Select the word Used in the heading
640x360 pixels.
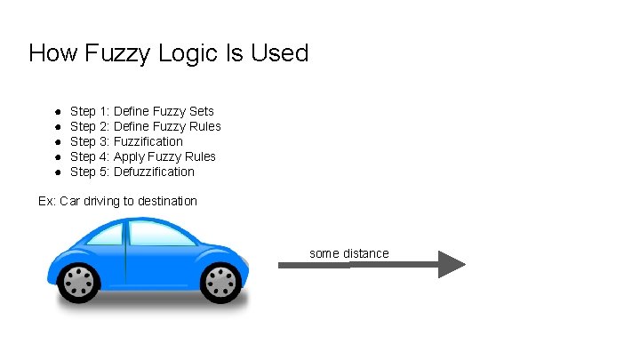click(x=280, y=53)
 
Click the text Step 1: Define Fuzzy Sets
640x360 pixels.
click(x=141, y=111)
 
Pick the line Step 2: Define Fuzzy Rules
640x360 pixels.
click(x=145, y=126)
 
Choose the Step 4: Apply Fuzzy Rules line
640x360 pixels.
click(x=142, y=156)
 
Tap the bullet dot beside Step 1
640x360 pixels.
click(x=55, y=112)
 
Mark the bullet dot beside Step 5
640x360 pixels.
click(x=55, y=172)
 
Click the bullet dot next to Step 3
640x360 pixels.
click(x=55, y=142)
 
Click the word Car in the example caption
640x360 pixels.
click(x=69, y=201)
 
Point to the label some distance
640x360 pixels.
click(x=348, y=253)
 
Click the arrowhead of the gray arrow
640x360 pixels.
click(x=451, y=264)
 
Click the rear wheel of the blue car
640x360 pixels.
click(x=80, y=283)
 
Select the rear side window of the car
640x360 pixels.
click(x=105, y=234)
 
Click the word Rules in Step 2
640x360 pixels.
click(x=204, y=126)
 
